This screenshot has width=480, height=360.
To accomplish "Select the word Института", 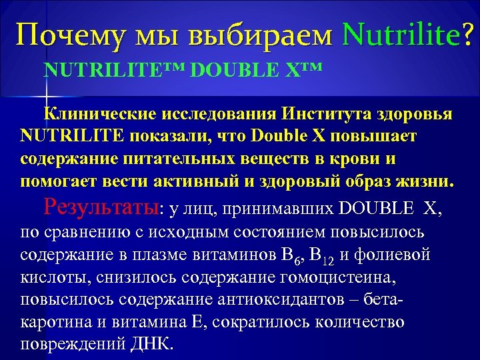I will tap(322, 115).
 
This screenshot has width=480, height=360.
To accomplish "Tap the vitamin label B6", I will tap(291, 256).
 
